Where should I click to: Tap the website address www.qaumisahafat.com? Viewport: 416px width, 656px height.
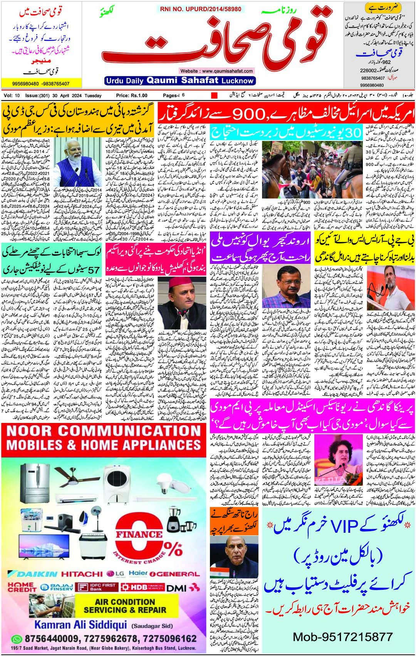216,71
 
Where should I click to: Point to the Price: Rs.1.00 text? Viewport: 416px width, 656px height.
132,96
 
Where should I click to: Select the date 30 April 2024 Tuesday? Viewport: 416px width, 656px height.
77,96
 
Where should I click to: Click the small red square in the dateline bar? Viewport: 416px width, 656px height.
214,96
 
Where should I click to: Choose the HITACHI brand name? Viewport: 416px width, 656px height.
82,574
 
